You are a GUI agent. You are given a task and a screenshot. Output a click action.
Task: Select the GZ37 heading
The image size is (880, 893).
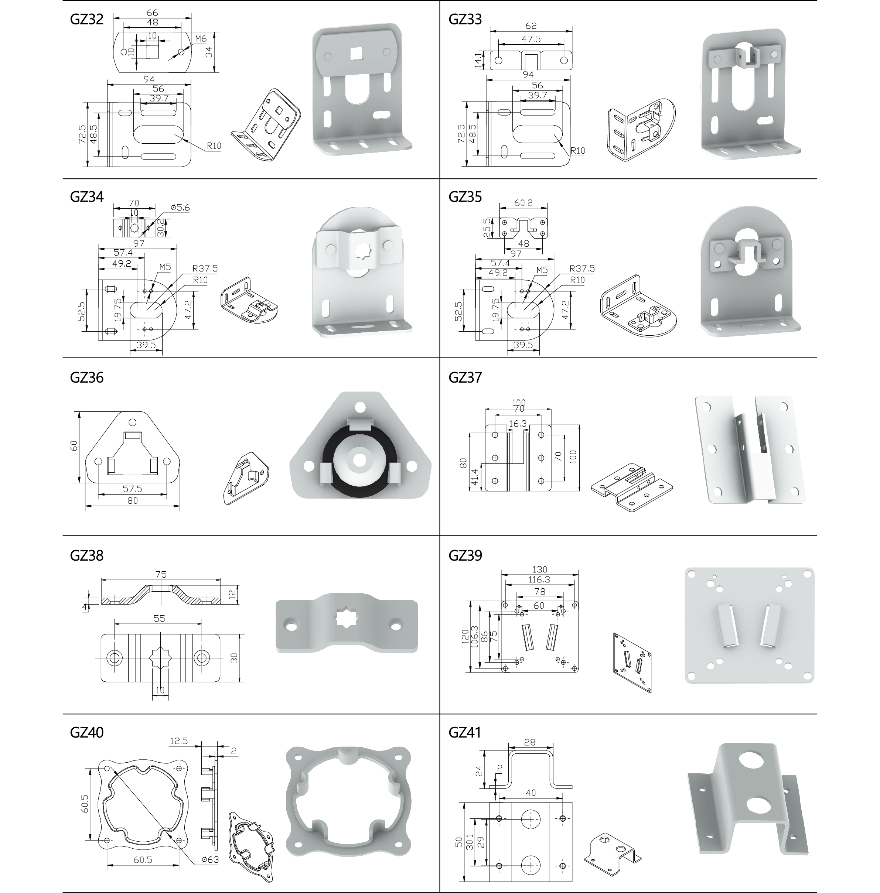[465, 377]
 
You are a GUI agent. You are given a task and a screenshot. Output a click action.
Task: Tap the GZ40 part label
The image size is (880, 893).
[86, 732]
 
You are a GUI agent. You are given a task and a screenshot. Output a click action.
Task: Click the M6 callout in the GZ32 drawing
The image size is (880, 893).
[200, 39]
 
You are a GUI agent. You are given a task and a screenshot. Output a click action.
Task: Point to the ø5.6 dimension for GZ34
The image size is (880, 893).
[180, 208]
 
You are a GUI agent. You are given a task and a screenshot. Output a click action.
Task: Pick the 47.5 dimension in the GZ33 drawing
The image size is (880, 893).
[531, 39]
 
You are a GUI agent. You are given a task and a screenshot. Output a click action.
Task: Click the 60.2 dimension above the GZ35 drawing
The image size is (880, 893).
[523, 202]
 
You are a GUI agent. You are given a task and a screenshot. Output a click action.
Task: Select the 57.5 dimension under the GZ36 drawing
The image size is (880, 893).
[132, 488]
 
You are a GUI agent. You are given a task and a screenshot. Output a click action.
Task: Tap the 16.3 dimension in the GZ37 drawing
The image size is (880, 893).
[518, 423]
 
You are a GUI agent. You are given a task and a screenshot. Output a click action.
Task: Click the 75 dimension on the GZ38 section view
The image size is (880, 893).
[161, 574]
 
